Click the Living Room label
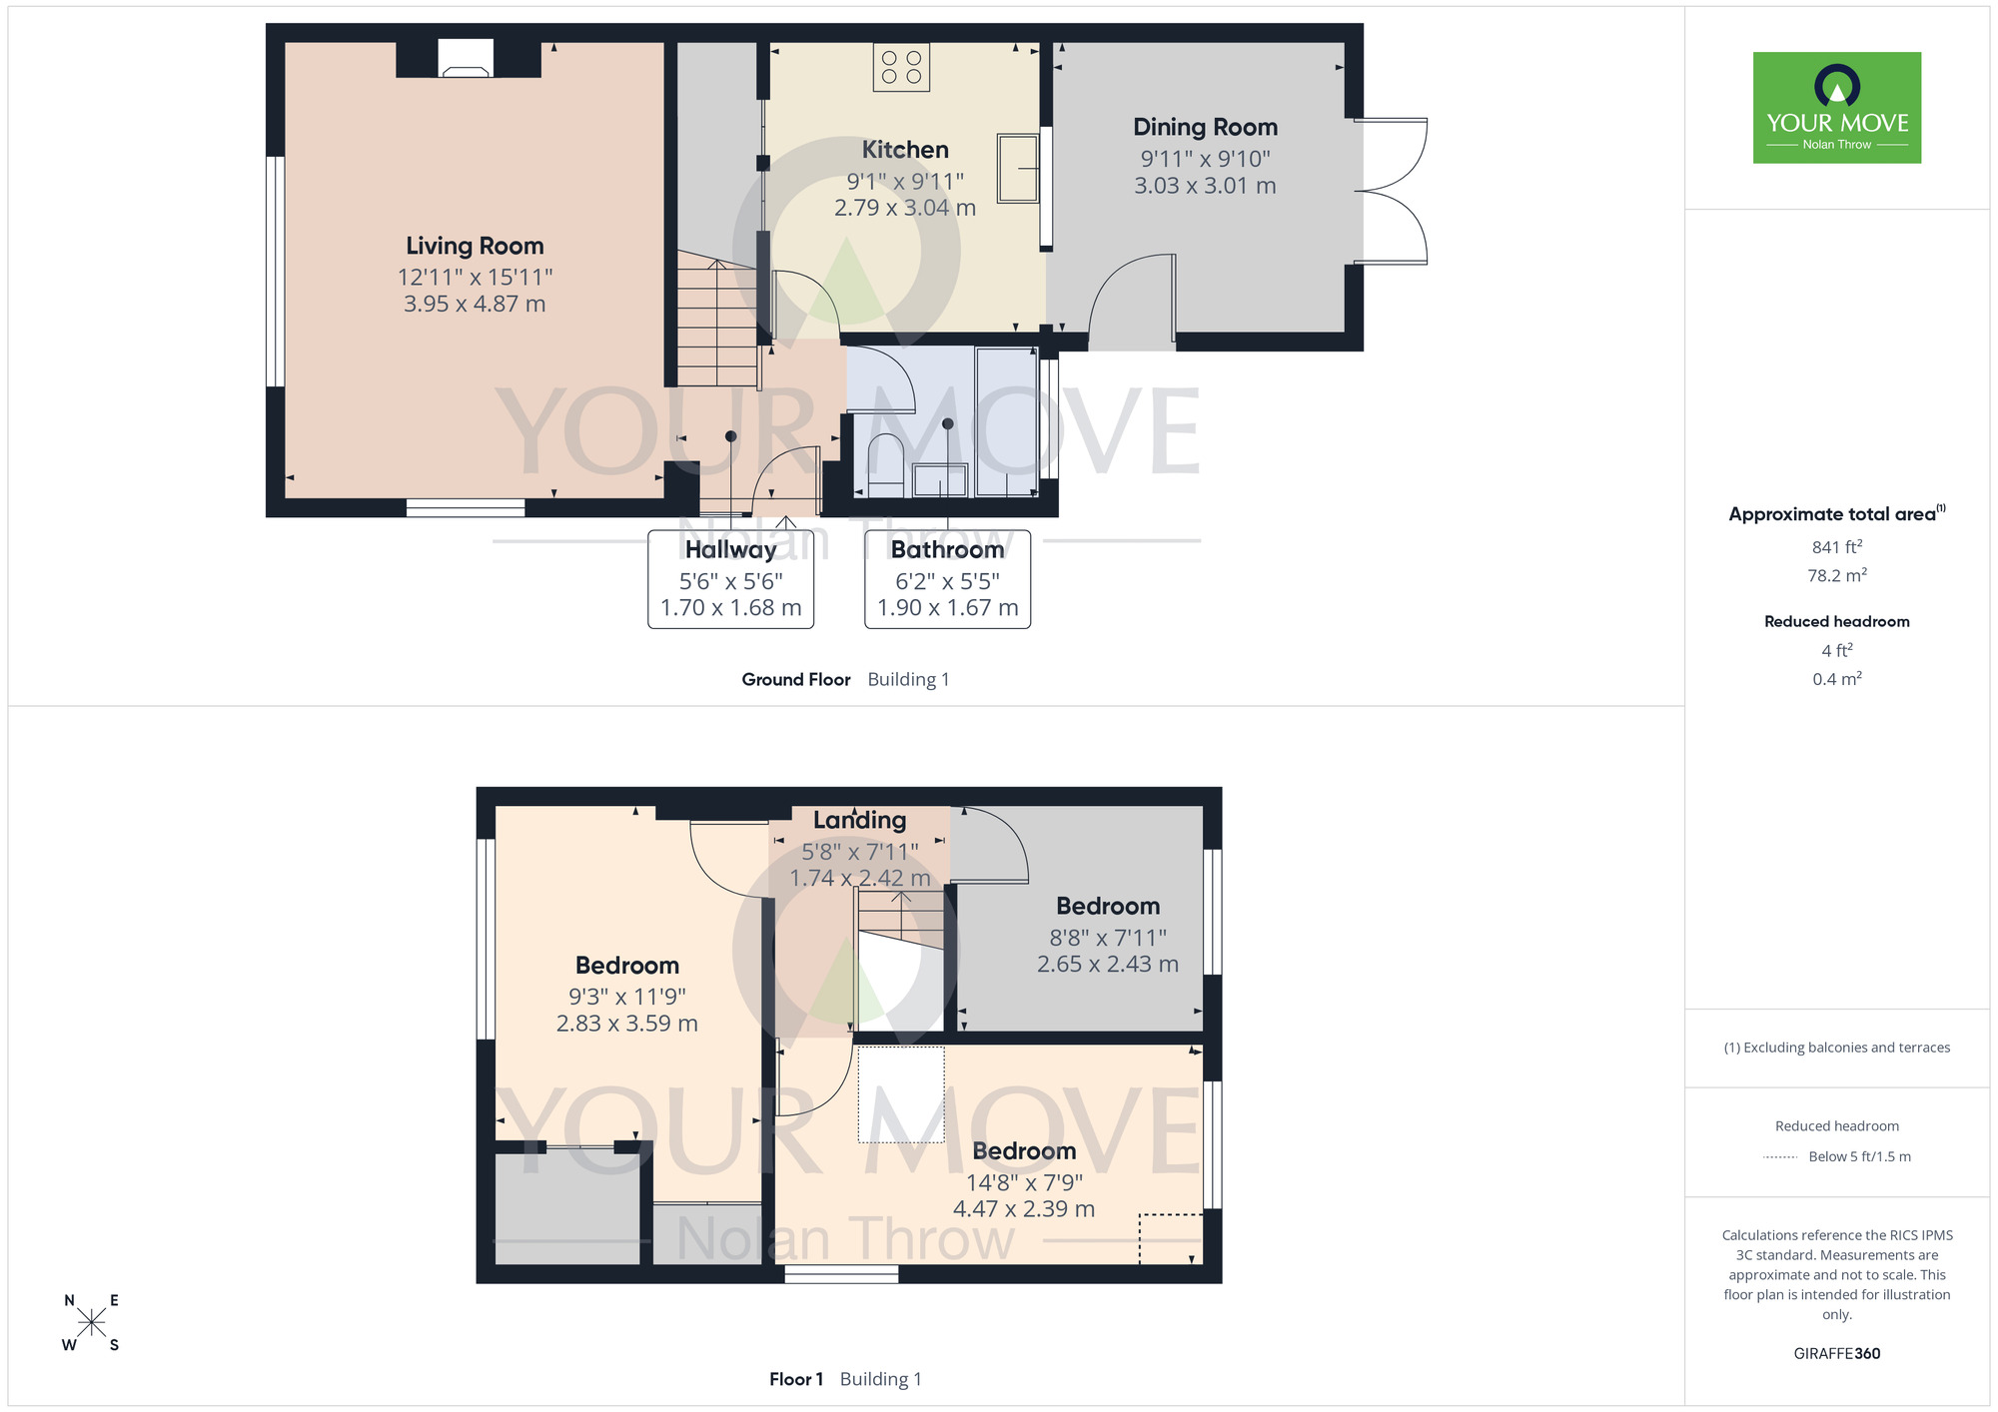point(475,246)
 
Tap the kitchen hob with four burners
point(901,67)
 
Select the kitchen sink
point(1018,168)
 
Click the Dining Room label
point(1205,127)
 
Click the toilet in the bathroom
point(886,464)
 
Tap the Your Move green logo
point(1837,108)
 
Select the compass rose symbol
point(91,1323)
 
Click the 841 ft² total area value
point(1837,547)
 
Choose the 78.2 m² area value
point(1837,575)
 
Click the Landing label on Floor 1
point(859,820)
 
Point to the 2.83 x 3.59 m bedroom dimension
point(627,1024)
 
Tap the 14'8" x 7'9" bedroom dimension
point(1024,1182)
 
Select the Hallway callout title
point(731,549)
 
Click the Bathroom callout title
point(947,549)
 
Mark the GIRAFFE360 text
point(1837,1354)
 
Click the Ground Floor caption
point(796,679)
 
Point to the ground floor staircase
point(717,320)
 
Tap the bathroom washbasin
point(940,480)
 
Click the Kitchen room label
point(905,150)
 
